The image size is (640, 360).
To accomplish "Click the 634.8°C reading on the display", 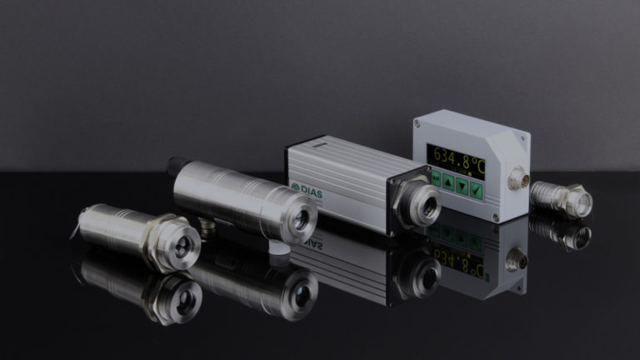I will click(x=457, y=155).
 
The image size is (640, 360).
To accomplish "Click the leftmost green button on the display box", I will click(x=436, y=177).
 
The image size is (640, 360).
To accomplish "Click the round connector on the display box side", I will click(x=515, y=177).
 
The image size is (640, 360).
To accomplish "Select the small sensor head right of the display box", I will click(x=563, y=198).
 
